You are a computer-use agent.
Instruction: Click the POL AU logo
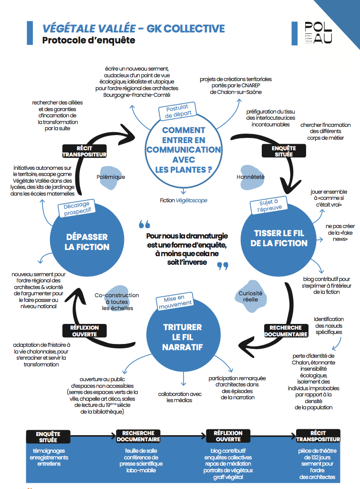point(318,32)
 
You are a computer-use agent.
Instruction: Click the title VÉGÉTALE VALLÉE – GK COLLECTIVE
point(134,29)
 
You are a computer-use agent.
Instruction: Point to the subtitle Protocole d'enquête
point(89,40)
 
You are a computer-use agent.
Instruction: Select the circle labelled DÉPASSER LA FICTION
point(87,239)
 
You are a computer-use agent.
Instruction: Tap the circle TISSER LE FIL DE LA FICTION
point(278,239)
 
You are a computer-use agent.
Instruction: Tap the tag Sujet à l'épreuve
point(269,205)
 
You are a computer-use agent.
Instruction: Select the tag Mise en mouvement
point(175,301)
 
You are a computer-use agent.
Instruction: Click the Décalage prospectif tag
point(77,208)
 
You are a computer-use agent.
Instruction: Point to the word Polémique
point(111,177)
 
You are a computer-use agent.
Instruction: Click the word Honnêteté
point(250,177)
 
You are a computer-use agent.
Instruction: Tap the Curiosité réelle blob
point(251,296)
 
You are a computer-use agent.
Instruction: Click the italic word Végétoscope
point(191,200)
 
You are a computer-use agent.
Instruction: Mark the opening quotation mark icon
point(144,224)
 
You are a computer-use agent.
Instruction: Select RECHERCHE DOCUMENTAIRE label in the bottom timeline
point(138,437)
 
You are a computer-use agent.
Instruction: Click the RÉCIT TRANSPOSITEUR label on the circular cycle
point(84,151)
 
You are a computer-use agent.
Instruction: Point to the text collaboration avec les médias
point(180,397)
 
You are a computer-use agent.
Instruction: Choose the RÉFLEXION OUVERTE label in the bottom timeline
point(228,437)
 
